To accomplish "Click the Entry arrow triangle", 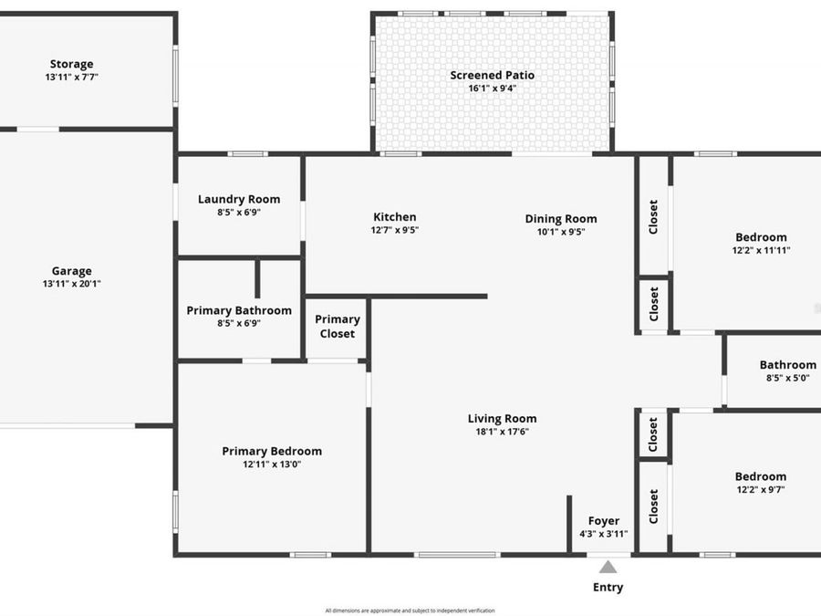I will click(x=608, y=567).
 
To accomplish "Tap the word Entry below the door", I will click(x=608, y=587).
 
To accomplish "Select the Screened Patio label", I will click(x=493, y=75).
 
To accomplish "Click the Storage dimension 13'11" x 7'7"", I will click(x=71, y=78).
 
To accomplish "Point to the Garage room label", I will click(x=71, y=271).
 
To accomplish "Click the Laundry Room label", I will click(x=239, y=199).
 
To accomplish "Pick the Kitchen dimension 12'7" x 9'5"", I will click(x=395, y=230).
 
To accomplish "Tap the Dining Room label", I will click(x=561, y=218).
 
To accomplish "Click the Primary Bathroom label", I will click(x=239, y=310).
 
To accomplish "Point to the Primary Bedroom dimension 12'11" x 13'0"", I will click(x=272, y=465).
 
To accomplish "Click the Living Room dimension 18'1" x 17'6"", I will click(x=502, y=432).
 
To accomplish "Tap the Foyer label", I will click(x=604, y=521).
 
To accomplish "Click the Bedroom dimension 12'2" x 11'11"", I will click(x=761, y=250).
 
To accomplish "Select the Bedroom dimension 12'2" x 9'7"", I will click(x=761, y=489).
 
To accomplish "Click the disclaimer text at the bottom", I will click(x=410, y=610).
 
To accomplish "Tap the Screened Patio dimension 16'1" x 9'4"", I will click(x=493, y=89).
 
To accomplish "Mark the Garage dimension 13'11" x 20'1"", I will click(x=71, y=284).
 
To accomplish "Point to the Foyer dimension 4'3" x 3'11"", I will click(x=604, y=534).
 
